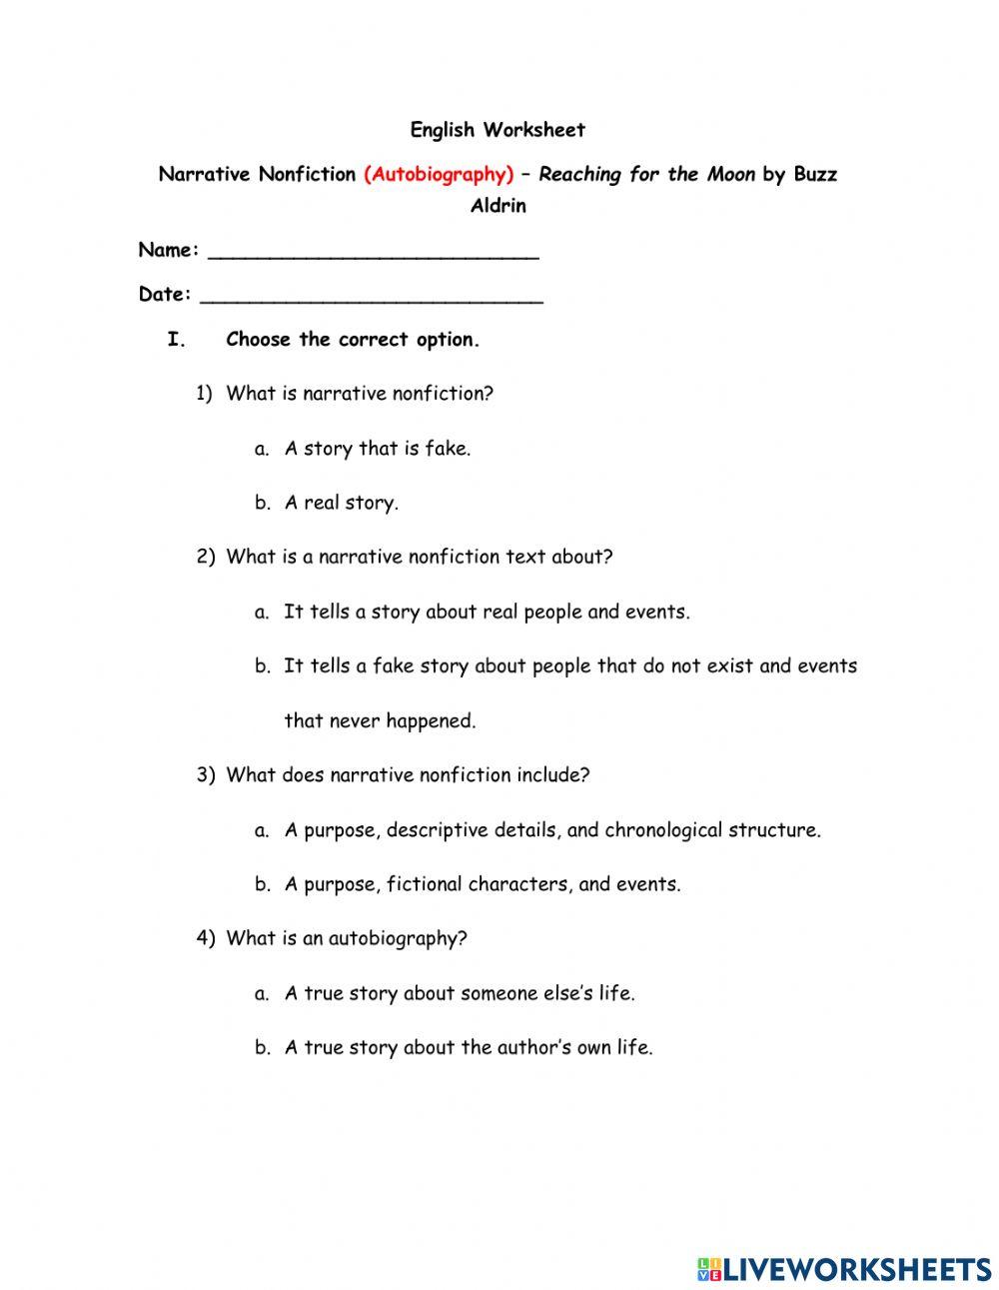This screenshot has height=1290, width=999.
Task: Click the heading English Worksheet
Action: click(498, 130)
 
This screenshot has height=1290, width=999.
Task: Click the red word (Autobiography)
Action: click(439, 175)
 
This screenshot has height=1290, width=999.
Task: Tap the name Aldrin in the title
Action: click(498, 207)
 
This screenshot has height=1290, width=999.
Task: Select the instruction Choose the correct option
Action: click(353, 340)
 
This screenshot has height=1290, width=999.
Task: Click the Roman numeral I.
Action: click(176, 340)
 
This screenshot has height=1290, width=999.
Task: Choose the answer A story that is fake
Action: click(377, 449)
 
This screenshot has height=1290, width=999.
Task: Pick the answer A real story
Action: click(341, 504)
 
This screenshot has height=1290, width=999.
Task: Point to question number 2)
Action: click(206, 558)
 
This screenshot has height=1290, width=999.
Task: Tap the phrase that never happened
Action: click(380, 721)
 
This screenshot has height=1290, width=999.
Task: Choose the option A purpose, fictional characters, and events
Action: click(482, 884)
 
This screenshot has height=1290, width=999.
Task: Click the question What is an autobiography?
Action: click(347, 939)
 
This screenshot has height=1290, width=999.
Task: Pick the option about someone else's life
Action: click(460, 994)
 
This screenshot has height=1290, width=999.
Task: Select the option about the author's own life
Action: click(468, 1048)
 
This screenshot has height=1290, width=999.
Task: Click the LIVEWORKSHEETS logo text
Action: click(857, 1269)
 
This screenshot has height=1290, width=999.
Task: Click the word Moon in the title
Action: click(731, 175)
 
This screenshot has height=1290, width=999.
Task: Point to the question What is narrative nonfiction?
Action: click(360, 395)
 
